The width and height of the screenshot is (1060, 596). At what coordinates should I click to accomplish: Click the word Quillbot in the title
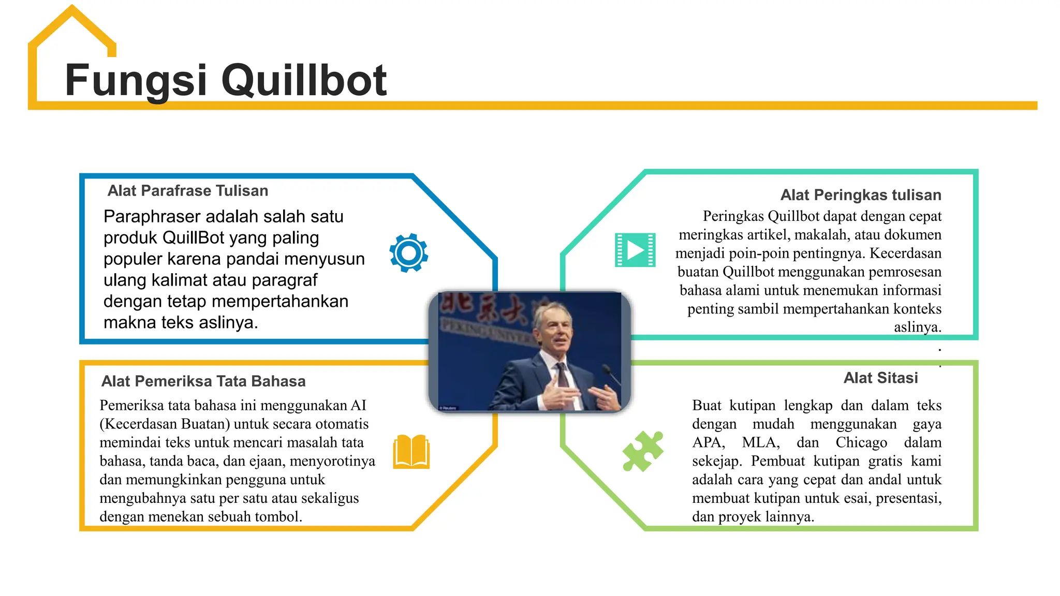[304, 80]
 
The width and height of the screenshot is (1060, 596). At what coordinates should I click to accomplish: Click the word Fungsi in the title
[136, 80]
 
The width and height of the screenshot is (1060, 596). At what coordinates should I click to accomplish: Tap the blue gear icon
[409, 253]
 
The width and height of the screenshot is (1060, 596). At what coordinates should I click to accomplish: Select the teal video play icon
[635, 250]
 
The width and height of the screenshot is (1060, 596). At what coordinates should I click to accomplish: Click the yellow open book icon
[411, 452]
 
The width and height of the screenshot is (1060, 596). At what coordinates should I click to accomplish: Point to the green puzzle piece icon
[642, 451]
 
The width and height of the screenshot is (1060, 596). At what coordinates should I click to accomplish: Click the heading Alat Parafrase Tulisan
[188, 191]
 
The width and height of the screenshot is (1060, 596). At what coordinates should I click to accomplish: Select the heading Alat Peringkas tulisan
[861, 195]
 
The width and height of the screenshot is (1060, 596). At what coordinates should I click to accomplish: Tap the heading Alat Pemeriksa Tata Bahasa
[203, 381]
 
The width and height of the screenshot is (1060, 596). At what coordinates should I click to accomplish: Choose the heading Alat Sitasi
[880, 378]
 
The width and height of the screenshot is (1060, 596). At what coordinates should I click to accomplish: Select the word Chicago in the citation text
[861, 443]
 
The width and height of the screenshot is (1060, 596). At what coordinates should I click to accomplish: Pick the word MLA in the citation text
[760, 443]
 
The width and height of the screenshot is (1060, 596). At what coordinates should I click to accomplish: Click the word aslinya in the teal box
[917, 327]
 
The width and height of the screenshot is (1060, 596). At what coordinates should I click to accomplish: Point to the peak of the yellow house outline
[72, 8]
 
